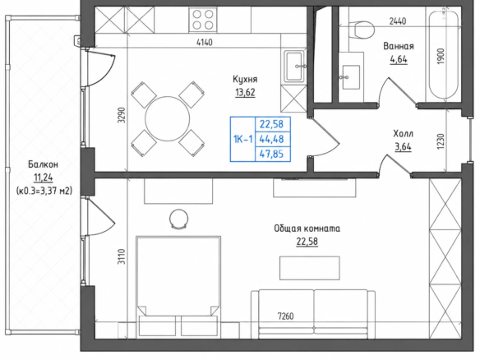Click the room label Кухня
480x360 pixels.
(245, 80)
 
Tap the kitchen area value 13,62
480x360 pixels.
(245, 92)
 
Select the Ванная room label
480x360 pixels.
(399, 46)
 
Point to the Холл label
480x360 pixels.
(403, 134)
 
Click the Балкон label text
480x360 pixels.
(44, 164)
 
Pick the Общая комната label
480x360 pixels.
(307, 228)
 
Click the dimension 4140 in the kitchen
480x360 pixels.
(204, 42)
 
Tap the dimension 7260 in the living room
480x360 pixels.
(285, 316)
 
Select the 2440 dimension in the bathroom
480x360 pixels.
(398, 21)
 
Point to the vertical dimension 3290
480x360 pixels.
(122, 115)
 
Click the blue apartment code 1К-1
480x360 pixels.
(243, 140)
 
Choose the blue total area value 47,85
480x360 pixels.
(271, 154)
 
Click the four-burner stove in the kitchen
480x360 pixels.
(203, 19)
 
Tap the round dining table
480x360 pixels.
(167, 119)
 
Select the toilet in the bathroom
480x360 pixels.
(362, 30)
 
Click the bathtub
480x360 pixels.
(444, 54)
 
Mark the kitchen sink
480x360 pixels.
(295, 67)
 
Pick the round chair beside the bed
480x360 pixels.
(179, 219)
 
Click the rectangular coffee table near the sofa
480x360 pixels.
(310, 268)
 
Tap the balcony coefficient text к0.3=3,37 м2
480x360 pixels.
(44, 191)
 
